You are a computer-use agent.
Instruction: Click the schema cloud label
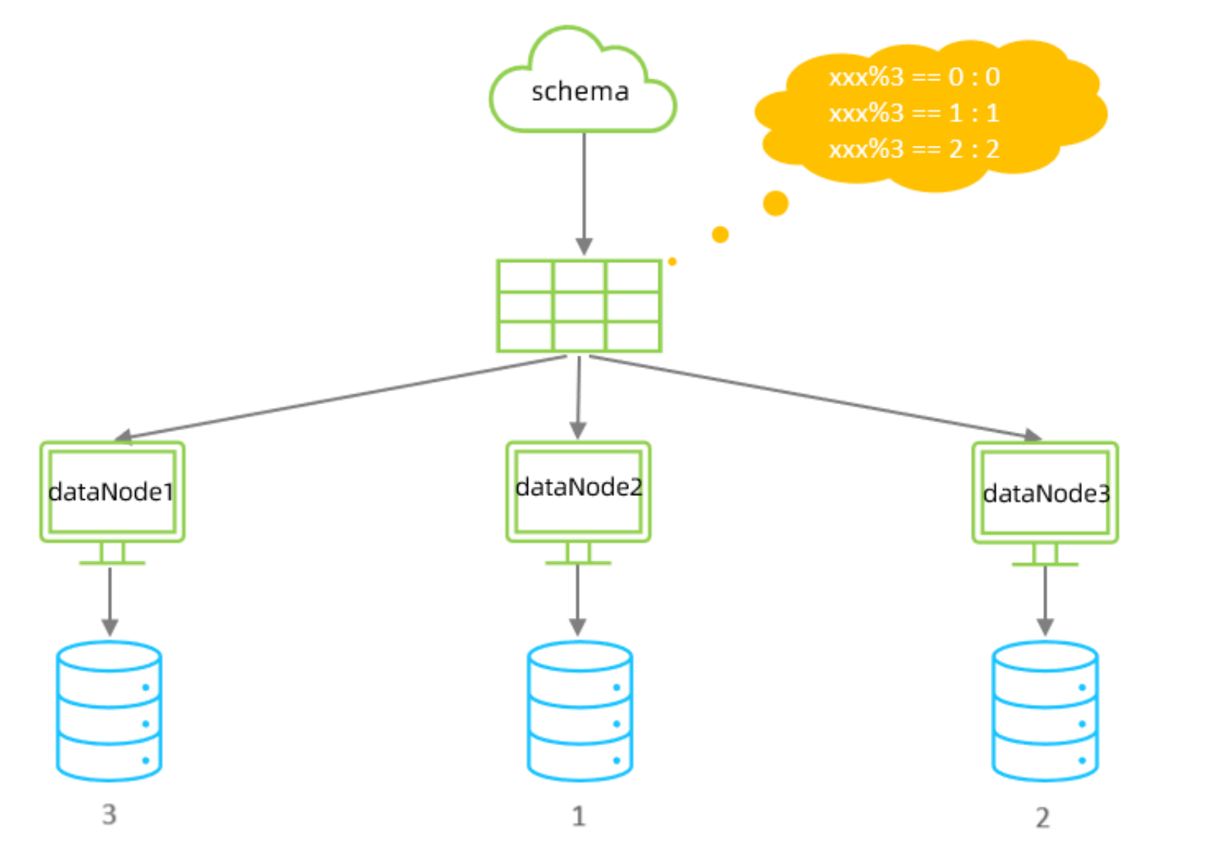click(x=580, y=92)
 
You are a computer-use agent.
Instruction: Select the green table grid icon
click(x=579, y=306)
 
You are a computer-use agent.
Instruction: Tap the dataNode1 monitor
click(x=112, y=492)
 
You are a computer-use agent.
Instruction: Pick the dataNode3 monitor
click(x=1045, y=493)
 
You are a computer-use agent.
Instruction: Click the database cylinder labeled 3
click(x=109, y=711)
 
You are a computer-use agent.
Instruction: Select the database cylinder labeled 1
click(x=580, y=711)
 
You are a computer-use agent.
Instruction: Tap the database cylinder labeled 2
click(x=1045, y=711)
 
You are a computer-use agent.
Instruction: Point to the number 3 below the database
click(x=109, y=815)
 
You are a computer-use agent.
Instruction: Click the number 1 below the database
click(x=578, y=816)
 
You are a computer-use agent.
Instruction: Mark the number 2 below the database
click(x=1043, y=818)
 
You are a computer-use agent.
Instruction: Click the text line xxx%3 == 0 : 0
click(x=914, y=77)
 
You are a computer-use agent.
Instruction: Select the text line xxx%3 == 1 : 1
click(x=914, y=113)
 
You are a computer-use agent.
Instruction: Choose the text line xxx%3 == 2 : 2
click(x=914, y=149)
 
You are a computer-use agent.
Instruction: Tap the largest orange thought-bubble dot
click(x=776, y=204)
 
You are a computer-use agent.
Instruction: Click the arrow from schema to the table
click(x=584, y=193)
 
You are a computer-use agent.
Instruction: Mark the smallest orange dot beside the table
click(x=672, y=261)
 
